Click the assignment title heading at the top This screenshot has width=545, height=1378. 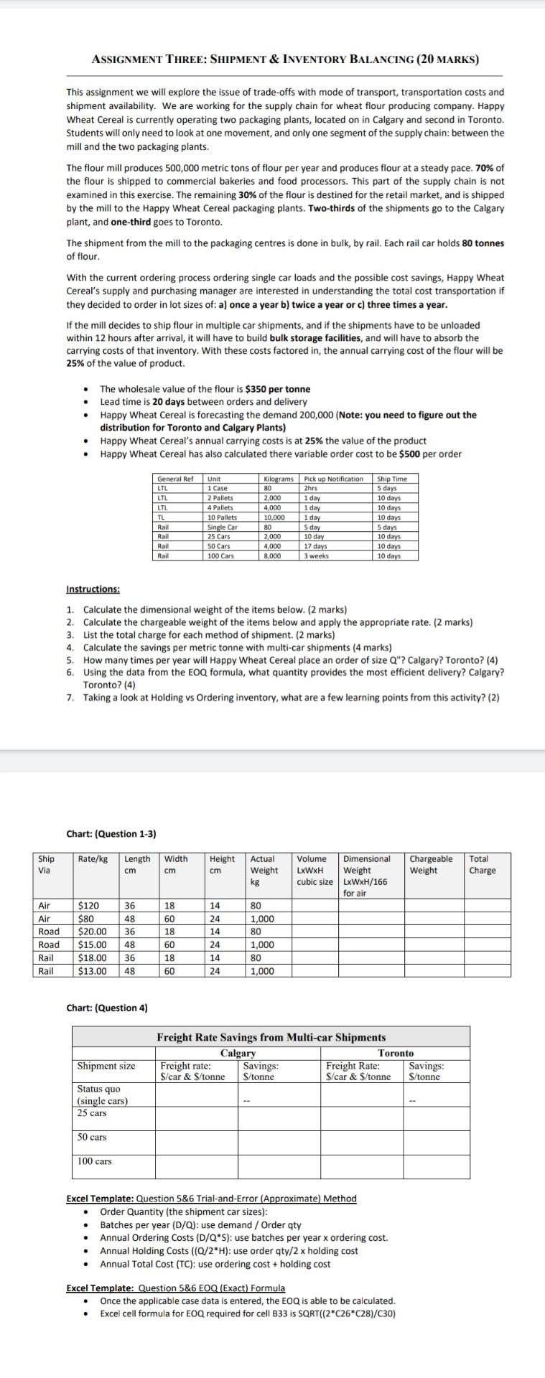(x=285, y=60)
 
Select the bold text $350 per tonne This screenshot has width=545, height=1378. (x=278, y=389)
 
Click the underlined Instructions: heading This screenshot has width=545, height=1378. (x=93, y=589)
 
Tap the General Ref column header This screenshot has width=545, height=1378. (x=175, y=479)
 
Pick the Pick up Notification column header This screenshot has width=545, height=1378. (x=334, y=479)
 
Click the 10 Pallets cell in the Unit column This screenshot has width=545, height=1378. (x=221, y=517)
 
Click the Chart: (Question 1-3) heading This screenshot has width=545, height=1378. (x=111, y=834)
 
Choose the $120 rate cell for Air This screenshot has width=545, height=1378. (x=89, y=906)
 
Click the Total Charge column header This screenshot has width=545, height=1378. (x=479, y=864)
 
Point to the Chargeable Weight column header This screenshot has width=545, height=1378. (x=431, y=864)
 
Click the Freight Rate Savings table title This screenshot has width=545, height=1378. (x=271, y=1037)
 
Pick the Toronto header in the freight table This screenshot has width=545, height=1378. (x=396, y=1053)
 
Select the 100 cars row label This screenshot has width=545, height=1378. (x=95, y=1161)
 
